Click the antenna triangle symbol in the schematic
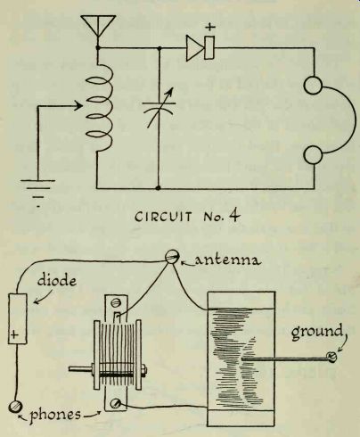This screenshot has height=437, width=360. (x=98, y=23)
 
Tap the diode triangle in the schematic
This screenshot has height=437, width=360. (x=194, y=48)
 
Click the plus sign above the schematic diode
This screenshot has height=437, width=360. (x=210, y=28)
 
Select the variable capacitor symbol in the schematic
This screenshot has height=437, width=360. (x=159, y=106)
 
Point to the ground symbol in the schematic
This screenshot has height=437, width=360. (x=38, y=191)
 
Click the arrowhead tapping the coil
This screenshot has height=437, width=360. (x=78, y=106)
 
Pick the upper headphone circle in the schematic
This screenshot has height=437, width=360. (x=313, y=86)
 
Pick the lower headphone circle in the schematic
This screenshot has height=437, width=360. (x=313, y=155)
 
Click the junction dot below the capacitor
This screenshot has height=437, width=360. (x=159, y=188)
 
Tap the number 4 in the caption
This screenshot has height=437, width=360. (x=233, y=216)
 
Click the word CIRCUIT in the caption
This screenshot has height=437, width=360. (x=163, y=217)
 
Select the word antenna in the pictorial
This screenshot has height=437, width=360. (x=228, y=260)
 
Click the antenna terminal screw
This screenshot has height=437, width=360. (x=172, y=257)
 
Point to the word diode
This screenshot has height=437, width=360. (x=57, y=280)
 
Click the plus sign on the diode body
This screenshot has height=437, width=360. (x=14, y=334)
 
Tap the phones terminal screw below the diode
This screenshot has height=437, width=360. (x=14, y=407)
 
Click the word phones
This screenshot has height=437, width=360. (x=55, y=415)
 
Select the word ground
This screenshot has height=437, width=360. (x=316, y=333)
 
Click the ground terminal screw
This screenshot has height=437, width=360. (x=331, y=357)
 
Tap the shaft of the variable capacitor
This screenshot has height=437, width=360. (x=81, y=369)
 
